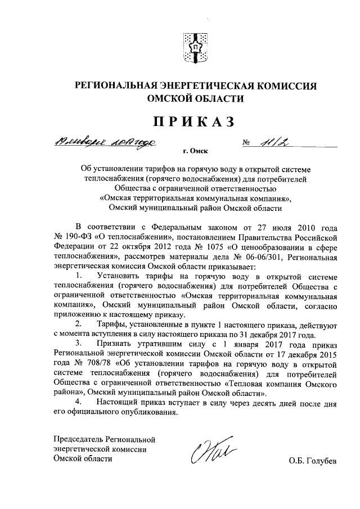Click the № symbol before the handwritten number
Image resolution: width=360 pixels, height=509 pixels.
tap(246, 144)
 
